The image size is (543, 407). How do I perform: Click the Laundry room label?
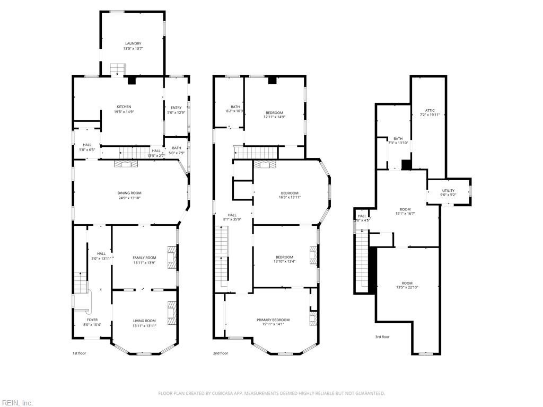[133, 43]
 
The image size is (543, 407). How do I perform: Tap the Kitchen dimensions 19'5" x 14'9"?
[124, 112]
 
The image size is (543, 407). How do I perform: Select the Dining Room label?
[129, 193]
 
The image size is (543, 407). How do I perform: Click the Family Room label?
[144, 258]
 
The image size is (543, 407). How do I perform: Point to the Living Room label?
[144, 320]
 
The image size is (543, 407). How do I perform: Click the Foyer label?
[92, 320]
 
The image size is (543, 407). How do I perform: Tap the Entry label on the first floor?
[176, 108]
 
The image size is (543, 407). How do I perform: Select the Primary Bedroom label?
[273, 320]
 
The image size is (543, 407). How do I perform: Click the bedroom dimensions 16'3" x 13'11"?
[289, 197]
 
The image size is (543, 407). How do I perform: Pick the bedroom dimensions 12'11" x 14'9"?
[274, 117]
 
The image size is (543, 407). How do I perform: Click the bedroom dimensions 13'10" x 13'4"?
[285, 261]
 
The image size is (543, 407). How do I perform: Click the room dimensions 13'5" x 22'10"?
[407, 288]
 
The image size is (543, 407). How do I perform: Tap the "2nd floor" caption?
[221, 353]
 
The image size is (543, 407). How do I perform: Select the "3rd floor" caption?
[382, 337]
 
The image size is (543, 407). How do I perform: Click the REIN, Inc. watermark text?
[16, 403]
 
